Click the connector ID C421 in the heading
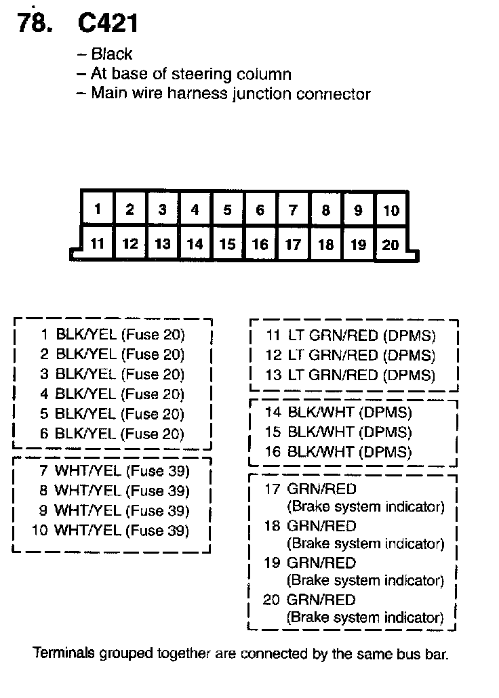[x=108, y=24]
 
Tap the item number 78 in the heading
[x=33, y=24]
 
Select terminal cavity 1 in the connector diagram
[x=98, y=209]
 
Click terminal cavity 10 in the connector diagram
[x=391, y=210]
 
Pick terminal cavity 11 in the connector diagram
[x=98, y=243]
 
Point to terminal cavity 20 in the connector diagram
[x=391, y=244]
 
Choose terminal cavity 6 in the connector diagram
[x=260, y=209]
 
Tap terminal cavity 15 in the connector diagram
[x=228, y=243]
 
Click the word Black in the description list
[x=112, y=54]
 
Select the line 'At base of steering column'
[x=191, y=74]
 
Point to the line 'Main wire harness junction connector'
[x=231, y=94]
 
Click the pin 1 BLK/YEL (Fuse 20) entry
[x=113, y=334]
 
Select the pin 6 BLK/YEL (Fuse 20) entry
[x=113, y=434]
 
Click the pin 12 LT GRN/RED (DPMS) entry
[x=350, y=355]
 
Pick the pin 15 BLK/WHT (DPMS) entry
[x=338, y=432]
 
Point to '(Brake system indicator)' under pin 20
[x=365, y=617]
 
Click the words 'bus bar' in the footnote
[x=424, y=655]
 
